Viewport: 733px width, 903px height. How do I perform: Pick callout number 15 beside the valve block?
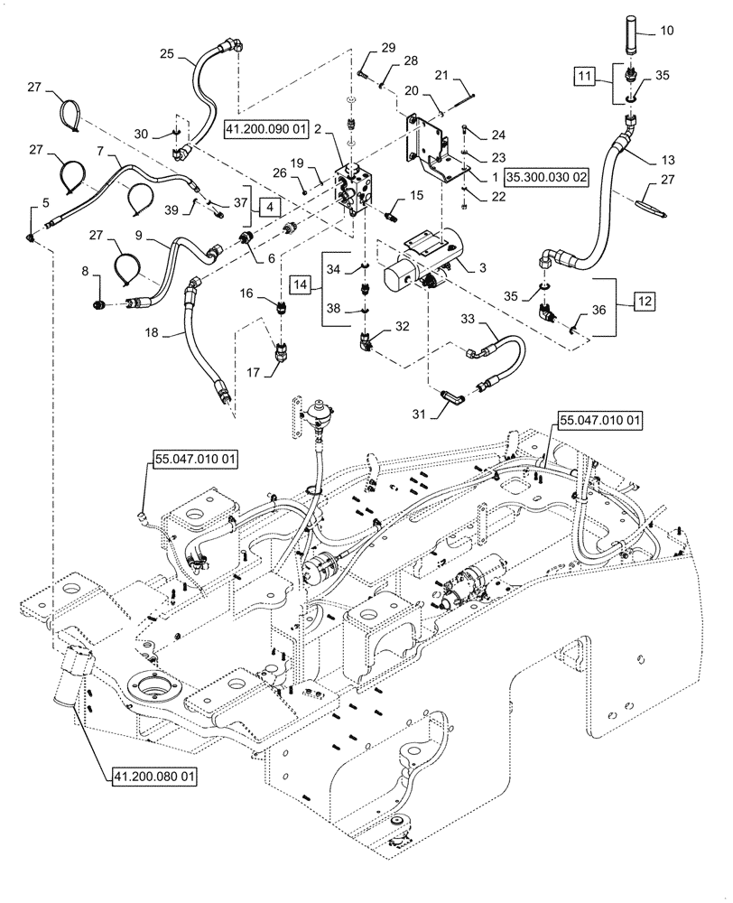point(416,195)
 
